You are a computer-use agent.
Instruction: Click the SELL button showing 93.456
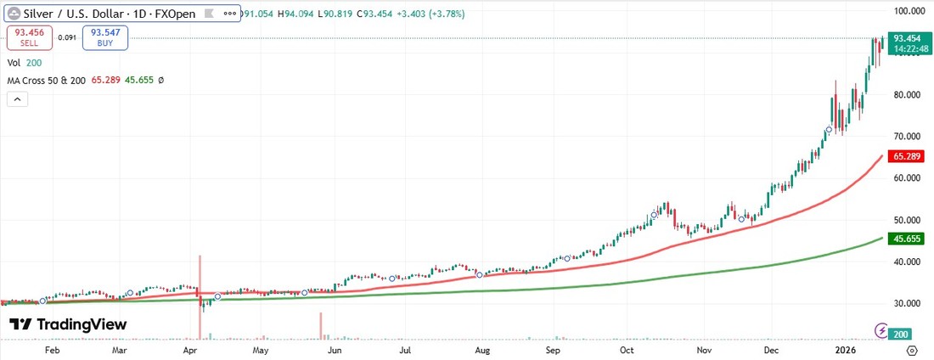point(29,37)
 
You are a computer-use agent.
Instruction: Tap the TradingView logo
point(68,324)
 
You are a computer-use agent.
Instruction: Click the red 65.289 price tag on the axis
point(908,157)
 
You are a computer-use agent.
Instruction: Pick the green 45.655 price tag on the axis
point(908,239)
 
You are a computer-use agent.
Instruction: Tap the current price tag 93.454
point(908,38)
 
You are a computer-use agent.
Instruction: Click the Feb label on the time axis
point(52,350)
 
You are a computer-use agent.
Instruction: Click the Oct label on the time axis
point(627,350)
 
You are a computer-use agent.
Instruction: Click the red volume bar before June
point(321,324)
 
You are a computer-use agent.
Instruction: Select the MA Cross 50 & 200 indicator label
point(47,80)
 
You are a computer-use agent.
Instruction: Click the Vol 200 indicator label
point(25,63)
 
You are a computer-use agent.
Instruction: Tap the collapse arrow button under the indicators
point(18,99)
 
